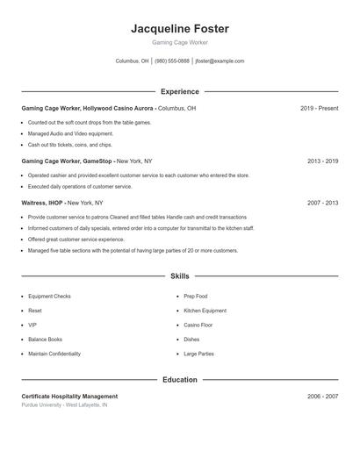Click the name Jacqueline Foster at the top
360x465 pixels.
point(179,28)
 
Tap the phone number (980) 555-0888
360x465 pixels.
point(171,61)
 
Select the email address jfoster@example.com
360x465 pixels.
point(220,61)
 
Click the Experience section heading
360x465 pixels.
point(179,91)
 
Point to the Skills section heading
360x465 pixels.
point(179,275)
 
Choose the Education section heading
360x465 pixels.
point(179,380)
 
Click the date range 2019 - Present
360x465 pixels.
point(319,109)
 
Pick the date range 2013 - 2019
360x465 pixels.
point(322,161)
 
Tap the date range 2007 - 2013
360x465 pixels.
point(322,203)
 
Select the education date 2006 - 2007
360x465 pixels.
point(322,397)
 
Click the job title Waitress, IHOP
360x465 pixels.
point(42,203)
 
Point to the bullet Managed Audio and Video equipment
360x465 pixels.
point(64,133)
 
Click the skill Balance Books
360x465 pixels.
point(45,339)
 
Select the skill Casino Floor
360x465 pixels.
point(198,325)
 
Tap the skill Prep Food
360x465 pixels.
point(195,297)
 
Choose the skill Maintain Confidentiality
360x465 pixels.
point(54,354)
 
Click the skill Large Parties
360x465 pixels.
point(198,354)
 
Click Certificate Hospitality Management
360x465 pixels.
point(69,397)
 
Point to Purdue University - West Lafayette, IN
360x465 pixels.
point(64,405)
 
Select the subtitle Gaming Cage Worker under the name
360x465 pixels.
point(179,42)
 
